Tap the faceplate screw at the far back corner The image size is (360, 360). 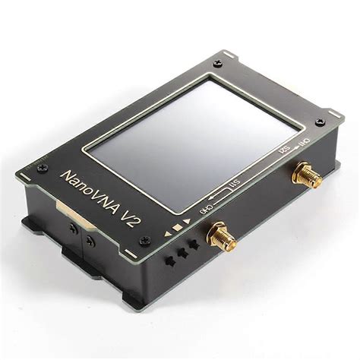(218, 64)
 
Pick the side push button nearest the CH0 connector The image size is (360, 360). (195, 244)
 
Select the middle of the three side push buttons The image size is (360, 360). (182, 251)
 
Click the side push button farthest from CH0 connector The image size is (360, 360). (170, 259)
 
